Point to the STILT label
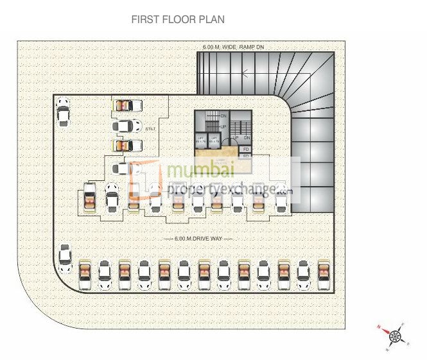tap(150, 129)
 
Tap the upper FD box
tap(246, 149)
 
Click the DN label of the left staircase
tap(223, 116)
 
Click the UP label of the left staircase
tap(223, 126)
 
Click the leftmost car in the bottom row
tap(84, 274)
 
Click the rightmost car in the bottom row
tap(323, 274)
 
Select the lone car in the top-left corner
tap(62, 111)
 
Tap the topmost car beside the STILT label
tap(126, 105)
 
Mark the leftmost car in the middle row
tap(91, 198)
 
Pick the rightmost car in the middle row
tap(281, 198)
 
